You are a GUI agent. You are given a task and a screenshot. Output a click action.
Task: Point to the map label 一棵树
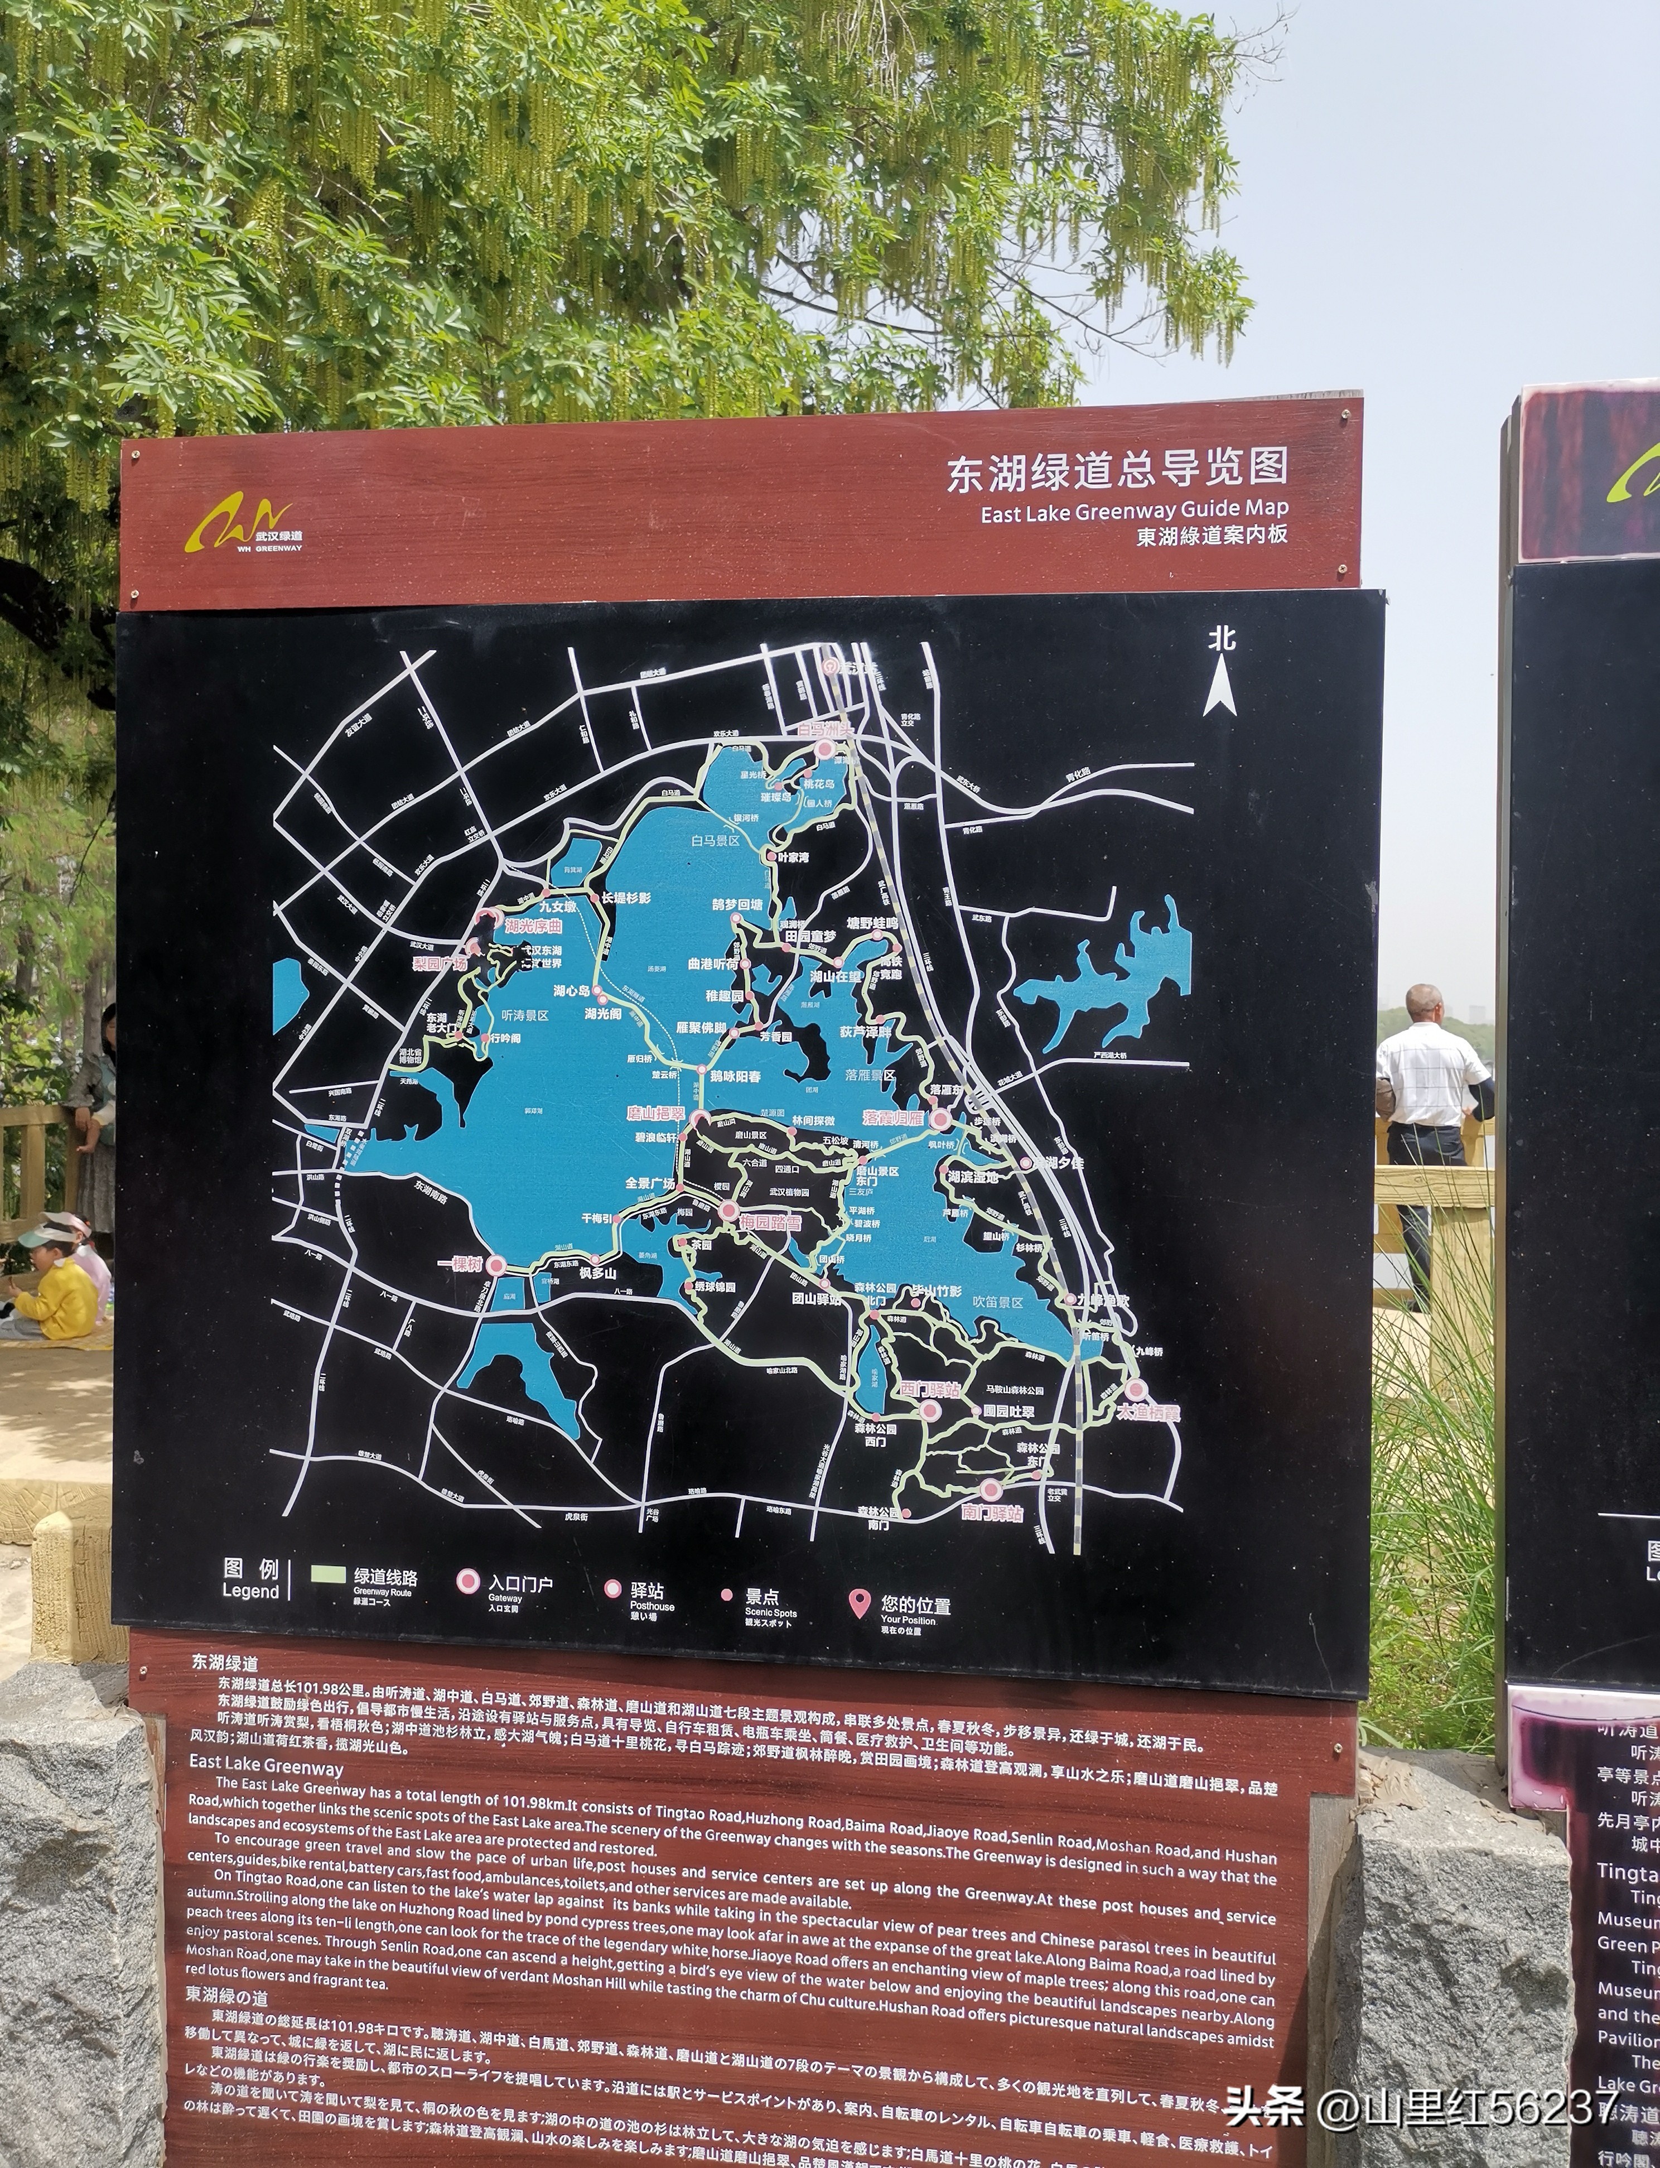(x=460, y=1264)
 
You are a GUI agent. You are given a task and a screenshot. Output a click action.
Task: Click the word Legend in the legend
(x=250, y=1591)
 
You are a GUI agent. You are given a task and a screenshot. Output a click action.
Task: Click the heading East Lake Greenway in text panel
(x=266, y=1766)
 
